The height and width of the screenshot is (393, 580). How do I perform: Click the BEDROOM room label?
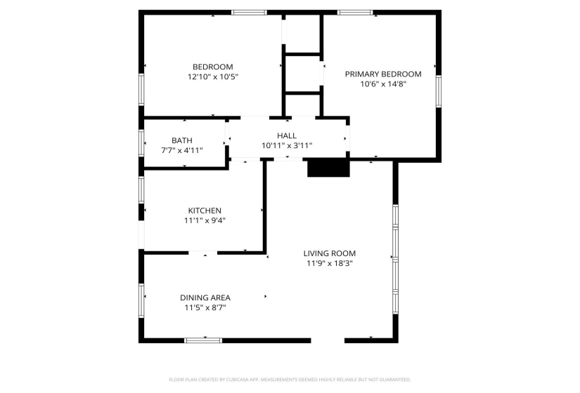tap(212, 67)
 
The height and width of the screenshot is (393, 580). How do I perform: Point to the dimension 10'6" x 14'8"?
tap(382, 84)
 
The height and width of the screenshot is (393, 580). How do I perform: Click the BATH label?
tap(181, 140)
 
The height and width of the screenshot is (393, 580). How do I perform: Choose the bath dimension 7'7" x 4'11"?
tap(181, 150)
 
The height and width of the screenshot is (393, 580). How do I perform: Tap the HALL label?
tap(286, 136)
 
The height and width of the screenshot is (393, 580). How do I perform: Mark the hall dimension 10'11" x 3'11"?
tap(286, 145)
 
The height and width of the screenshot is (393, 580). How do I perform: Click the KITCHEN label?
tap(205, 211)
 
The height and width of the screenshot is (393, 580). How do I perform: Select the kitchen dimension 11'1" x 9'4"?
tap(205, 220)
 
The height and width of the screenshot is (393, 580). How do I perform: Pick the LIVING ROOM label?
tap(329, 253)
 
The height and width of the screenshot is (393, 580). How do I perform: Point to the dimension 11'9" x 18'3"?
tap(329, 263)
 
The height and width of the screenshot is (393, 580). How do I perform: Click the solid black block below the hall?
tap(328, 168)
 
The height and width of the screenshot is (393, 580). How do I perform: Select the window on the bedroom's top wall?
tap(250, 13)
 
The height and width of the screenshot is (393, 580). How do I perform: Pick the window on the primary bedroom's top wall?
tap(355, 13)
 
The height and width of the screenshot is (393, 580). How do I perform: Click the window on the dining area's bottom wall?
tap(203, 340)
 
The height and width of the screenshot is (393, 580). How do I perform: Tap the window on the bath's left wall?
tap(142, 142)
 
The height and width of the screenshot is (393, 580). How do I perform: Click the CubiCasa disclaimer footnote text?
tap(290, 380)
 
